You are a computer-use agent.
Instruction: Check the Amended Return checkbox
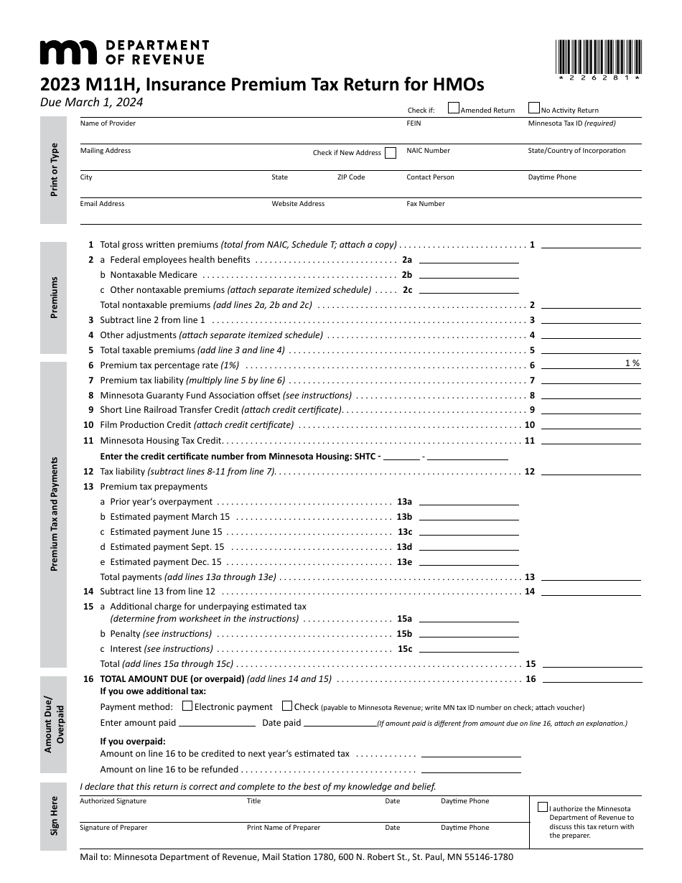pyautogui.click(x=454, y=108)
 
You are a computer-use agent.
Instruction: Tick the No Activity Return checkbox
pyautogui.click(x=534, y=108)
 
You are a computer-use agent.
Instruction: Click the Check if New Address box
pyautogui.click(x=391, y=152)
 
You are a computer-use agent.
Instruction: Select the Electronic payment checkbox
pyautogui.click(x=188, y=706)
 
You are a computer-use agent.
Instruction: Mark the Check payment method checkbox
pyautogui.click(x=287, y=706)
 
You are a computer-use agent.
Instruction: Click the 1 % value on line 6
pyautogui.click(x=632, y=363)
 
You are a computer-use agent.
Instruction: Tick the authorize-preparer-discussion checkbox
pyautogui.click(x=543, y=807)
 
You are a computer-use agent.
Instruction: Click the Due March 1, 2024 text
pyautogui.click(x=91, y=102)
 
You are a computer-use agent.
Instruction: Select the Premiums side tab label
pyautogui.click(x=55, y=297)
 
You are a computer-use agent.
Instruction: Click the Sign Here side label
pyautogui.click(x=55, y=816)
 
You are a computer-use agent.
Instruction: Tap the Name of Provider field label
pyautogui.click(x=108, y=123)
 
